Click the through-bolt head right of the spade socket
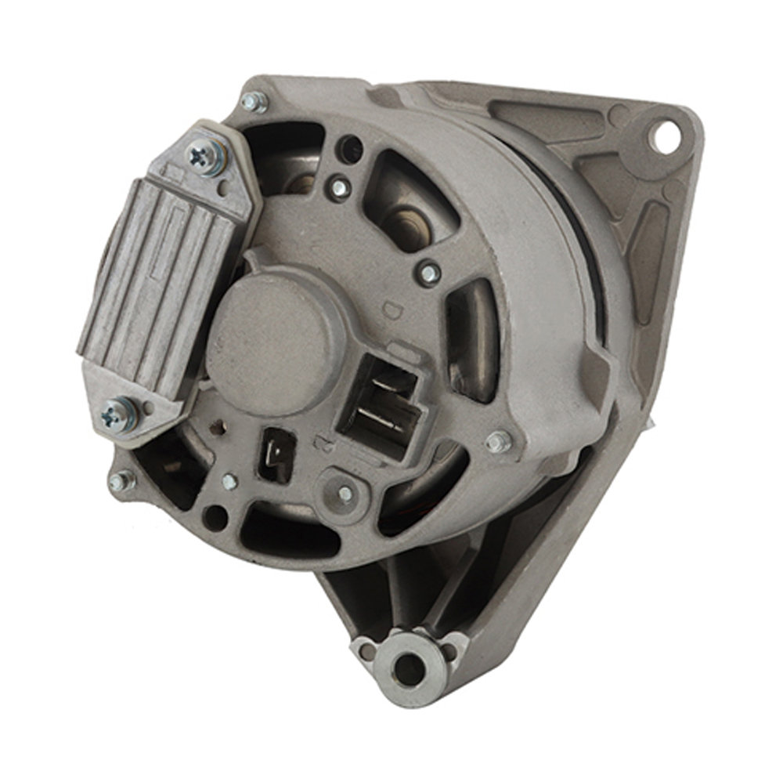(498, 442)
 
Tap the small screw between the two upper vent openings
(339, 188)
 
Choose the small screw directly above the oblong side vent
(430, 272)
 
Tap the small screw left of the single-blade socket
(229, 483)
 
